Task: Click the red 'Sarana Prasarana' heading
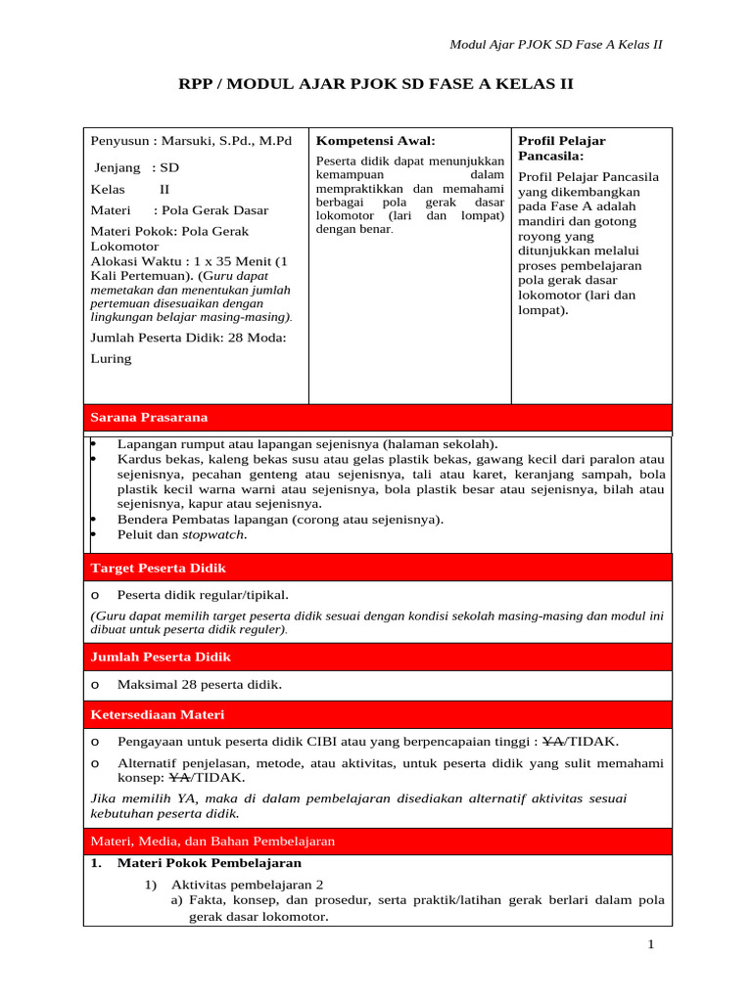click(x=149, y=418)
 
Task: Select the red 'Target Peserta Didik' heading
click(x=158, y=568)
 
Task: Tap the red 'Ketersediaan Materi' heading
click(x=157, y=715)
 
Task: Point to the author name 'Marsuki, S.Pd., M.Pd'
click(x=227, y=141)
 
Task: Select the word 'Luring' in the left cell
click(x=111, y=358)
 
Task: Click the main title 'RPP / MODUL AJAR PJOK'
click(x=375, y=85)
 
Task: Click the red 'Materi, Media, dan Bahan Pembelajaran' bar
click(x=212, y=841)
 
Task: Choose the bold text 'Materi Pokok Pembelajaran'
click(x=210, y=864)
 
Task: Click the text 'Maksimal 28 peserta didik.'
click(x=199, y=685)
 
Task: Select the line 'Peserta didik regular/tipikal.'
click(x=203, y=594)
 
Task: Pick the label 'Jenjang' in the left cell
click(x=117, y=167)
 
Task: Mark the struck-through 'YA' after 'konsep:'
click(x=179, y=778)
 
